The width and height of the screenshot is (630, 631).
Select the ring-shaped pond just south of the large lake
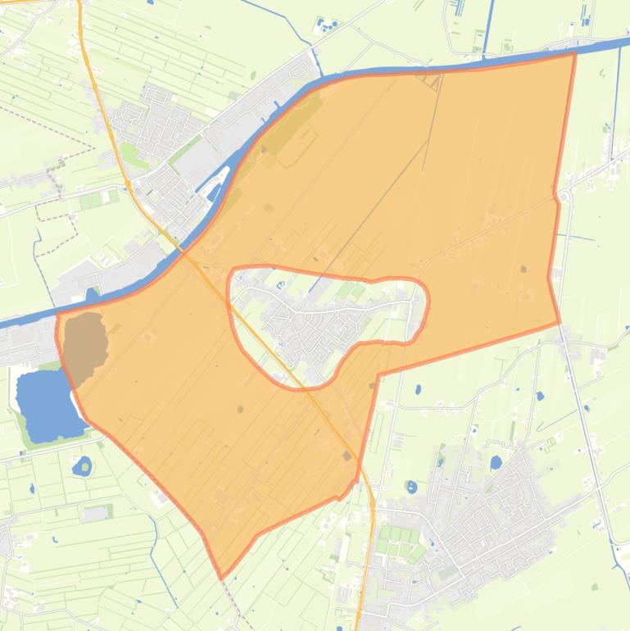82,468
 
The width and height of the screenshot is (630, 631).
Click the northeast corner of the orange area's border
574,53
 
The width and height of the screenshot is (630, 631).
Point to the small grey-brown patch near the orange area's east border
523,269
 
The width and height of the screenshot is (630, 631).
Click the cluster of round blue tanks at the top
329,26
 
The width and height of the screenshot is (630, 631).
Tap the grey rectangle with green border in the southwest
96,513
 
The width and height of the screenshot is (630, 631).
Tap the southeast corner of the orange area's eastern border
559,323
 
